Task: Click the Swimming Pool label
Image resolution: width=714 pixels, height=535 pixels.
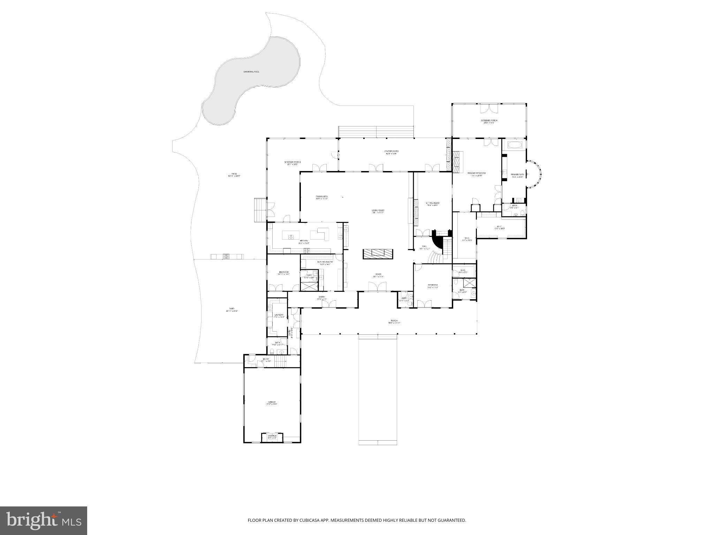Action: [x=251, y=72]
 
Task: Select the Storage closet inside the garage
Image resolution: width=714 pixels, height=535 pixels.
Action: [x=272, y=437]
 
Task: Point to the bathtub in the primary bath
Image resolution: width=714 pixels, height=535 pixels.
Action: [x=514, y=145]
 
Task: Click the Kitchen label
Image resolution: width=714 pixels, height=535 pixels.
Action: [x=304, y=241]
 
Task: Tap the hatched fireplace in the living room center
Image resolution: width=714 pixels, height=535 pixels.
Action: [x=378, y=254]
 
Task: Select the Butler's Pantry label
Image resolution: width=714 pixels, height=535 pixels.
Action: [x=325, y=263]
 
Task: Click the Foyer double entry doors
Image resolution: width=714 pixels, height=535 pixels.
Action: [x=378, y=287]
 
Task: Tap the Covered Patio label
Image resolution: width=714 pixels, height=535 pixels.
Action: [x=391, y=152]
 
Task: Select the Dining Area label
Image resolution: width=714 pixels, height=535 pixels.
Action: [x=321, y=197]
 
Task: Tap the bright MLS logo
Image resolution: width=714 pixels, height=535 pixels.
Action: [x=44, y=520]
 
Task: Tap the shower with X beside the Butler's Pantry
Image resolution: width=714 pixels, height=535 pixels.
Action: [x=309, y=286]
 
